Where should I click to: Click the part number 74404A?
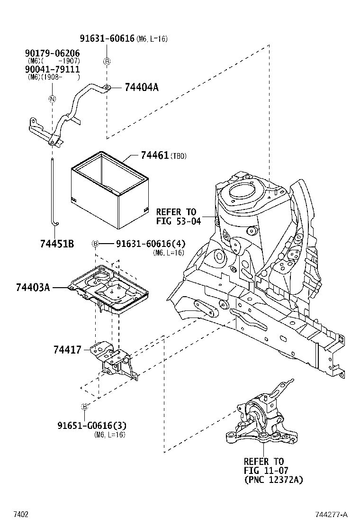[141, 87]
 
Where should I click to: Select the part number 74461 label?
[155, 155]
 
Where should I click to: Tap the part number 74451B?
[57, 244]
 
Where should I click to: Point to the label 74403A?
[33, 287]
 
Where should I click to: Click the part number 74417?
[67, 350]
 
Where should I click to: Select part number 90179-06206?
[52, 54]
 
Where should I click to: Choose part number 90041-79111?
[52, 69]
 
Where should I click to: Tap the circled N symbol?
[52, 99]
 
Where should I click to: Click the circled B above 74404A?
[107, 61]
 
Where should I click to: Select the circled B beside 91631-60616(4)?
[95, 244]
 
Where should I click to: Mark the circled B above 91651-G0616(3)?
[85, 407]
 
